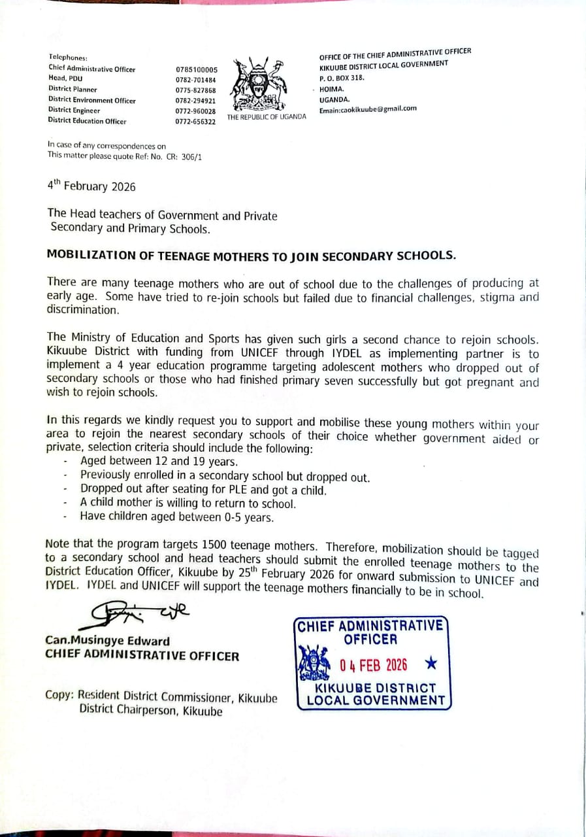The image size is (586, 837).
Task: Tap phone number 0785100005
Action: click(x=196, y=69)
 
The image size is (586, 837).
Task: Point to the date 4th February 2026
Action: click(x=91, y=186)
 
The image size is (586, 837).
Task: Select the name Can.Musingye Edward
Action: click(x=107, y=641)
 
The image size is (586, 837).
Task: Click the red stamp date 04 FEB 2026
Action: click(x=373, y=665)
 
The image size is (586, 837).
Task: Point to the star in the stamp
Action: click(x=431, y=664)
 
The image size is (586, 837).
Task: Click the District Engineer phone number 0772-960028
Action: click(x=195, y=112)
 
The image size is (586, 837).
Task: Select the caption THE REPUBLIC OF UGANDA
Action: click(x=267, y=117)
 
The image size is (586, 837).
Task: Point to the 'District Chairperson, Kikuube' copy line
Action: click(x=150, y=711)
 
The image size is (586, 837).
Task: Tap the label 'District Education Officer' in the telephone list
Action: click(x=87, y=121)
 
